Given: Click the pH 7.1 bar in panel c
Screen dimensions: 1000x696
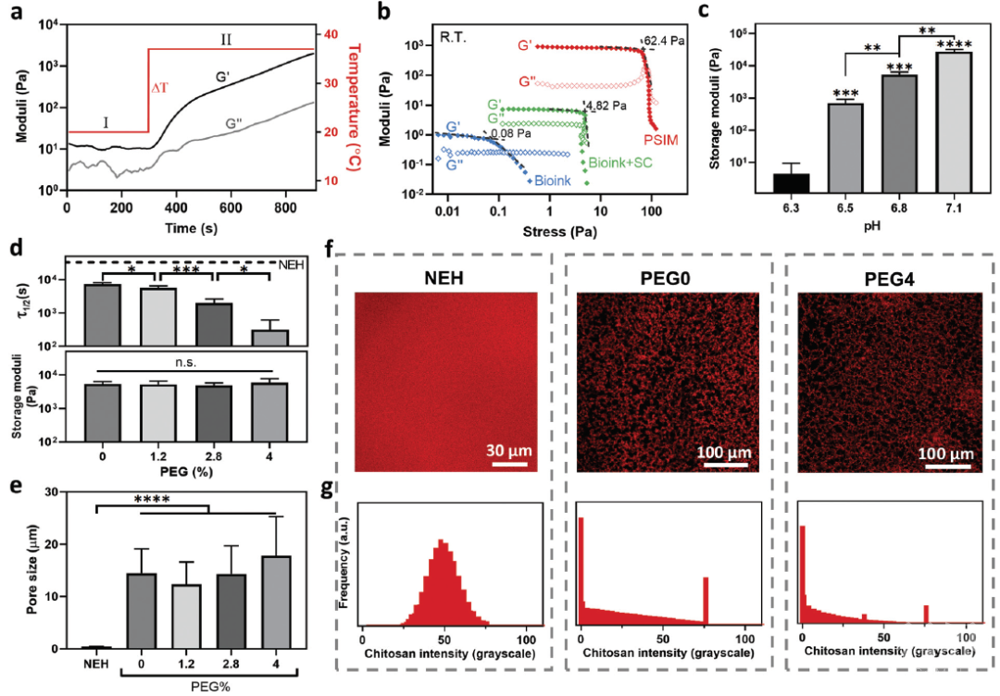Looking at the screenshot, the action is (x=954, y=122).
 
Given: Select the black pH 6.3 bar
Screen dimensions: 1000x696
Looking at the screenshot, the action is (x=791, y=183).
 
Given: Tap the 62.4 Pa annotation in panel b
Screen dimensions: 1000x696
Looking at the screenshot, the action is (x=665, y=42).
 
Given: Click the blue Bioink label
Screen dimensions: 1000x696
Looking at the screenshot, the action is (x=553, y=180).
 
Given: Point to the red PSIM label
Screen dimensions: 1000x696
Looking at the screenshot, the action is (x=661, y=141).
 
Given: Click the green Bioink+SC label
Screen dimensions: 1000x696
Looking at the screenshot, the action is (x=619, y=163).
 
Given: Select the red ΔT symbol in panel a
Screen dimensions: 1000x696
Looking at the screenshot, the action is (x=159, y=88).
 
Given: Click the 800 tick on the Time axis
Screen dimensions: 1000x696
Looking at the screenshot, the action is (x=285, y=207).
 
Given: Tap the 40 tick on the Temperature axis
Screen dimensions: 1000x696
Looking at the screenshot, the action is (x=331, y=33).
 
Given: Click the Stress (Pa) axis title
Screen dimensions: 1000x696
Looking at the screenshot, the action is (x=560, y=231).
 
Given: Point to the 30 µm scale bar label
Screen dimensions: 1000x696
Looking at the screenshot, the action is (x=509, y=451).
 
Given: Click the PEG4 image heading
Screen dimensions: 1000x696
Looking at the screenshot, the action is (x=889, y=279).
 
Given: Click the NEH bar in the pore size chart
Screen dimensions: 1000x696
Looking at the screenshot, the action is (x=95, y=648).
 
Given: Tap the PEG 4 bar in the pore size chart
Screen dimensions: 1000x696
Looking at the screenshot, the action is (x=276, y=603).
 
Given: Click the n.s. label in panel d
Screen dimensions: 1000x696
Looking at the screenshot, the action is (x=186, y=363).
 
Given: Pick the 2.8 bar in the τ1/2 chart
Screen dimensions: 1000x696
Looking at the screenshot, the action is (x=214, y=325).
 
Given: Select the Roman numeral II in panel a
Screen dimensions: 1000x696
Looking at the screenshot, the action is (x=226, y=40).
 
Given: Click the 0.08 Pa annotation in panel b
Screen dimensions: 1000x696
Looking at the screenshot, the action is (x=510, y=134).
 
